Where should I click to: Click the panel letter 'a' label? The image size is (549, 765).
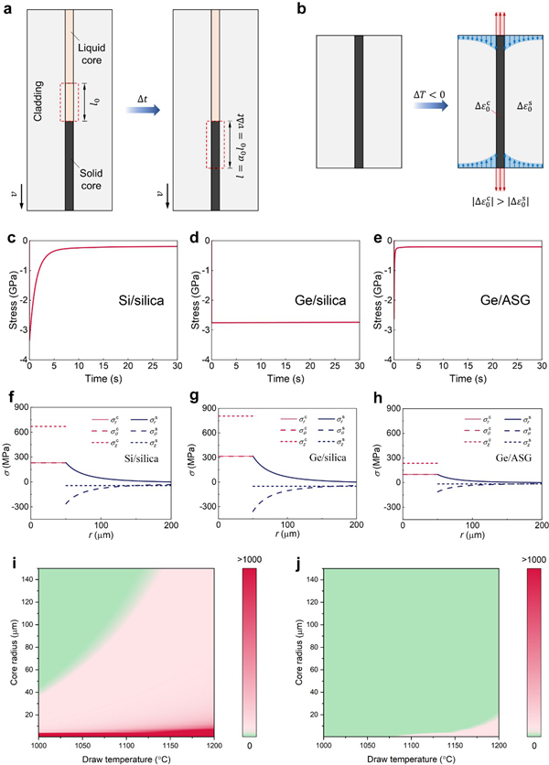point(7,8)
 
